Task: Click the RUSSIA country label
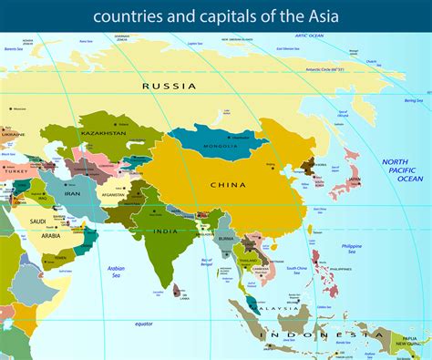170,86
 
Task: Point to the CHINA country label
228,184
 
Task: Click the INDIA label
165,231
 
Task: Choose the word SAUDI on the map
38,221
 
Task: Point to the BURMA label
225,241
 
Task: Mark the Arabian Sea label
117,271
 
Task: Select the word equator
143,324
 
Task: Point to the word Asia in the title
323,15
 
